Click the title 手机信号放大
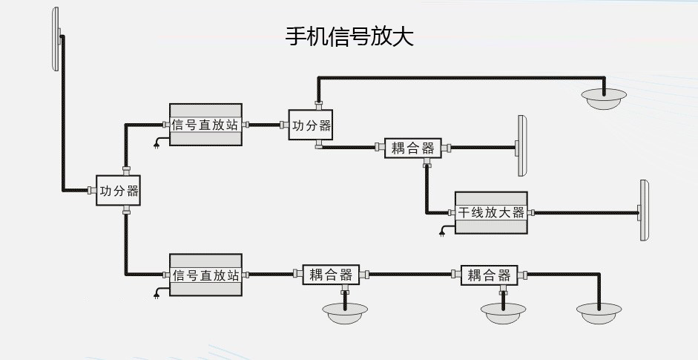[349, 36]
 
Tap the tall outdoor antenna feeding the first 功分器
[56, 40]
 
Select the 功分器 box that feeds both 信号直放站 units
[119, 191]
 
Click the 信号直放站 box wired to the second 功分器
[205, 125]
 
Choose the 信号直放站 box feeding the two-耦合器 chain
[206, 275]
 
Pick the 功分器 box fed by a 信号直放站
[311, 125]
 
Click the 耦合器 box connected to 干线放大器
[412, 148]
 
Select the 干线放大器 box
[491, 213]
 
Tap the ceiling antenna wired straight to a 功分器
[604, 98]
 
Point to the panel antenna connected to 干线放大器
[645, 211]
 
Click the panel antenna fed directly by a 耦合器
[521, 146]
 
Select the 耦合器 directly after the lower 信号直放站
[330, 275]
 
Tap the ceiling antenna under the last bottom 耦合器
[503, 312]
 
